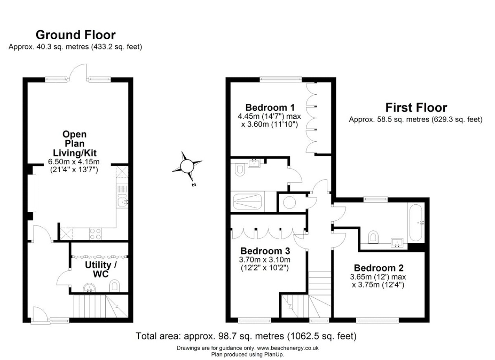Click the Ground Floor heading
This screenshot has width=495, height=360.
pyautogui.click(x=75, y=35)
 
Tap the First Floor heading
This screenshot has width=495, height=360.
pyautogui.click(x=416, y=107)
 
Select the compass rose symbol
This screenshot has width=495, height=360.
pyautogui.click(x=187, y=166)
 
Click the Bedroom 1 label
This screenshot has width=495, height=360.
pyautogui.click(x=270, y=107)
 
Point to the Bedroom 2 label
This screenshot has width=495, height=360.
pyautogui.click(x=378, y=268)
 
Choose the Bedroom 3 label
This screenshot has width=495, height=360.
pyautogui.click(x=265, y=251)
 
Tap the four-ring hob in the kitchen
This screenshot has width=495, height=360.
pyautogui.click(x=95, y=234)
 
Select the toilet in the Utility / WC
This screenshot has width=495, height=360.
pyautogui.click(x=114, y=286)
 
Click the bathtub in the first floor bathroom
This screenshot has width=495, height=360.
pyautogui.click(x=416, y=223)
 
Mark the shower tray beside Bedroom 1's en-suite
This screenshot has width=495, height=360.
pyautogui.click(x=248, y=202)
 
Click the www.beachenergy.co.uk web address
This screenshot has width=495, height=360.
pyautogui.click(x=288, y=348)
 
